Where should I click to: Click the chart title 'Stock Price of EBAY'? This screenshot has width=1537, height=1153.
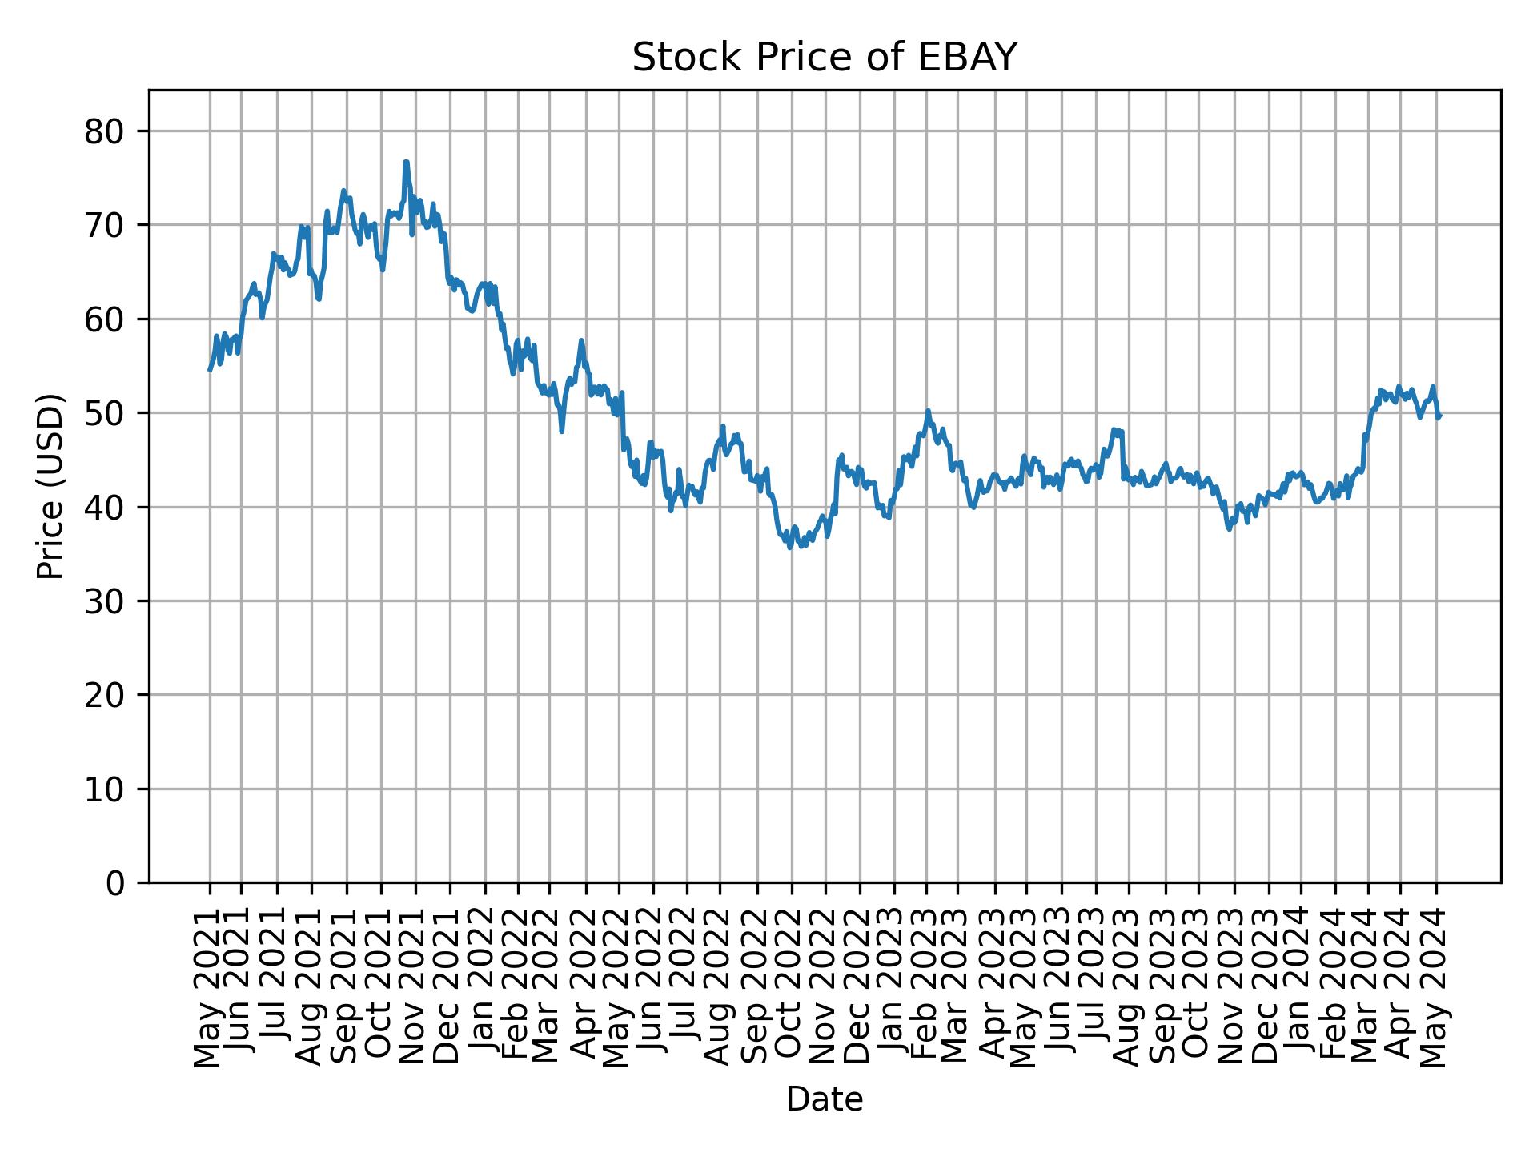click(x=824, y=58)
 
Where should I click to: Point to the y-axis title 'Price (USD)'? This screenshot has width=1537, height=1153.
click(x=50, y=486)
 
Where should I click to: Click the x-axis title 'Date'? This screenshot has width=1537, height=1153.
click(x=824, y=1099)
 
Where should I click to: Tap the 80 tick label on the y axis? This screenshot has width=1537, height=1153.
click(x=105, y=131)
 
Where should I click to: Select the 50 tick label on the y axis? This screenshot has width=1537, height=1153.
click(x=105, y=413)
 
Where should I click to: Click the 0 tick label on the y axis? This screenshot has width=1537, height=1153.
click(x=116, y=882)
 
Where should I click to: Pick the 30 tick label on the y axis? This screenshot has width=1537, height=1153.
click(x=105, y=601)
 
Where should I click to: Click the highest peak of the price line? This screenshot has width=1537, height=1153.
click(x=406, y=163)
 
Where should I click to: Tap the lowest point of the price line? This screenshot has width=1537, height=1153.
click(x=790, y=548)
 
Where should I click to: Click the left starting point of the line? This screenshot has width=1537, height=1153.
click(x=210, y=370)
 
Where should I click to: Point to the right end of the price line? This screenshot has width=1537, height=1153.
click(x=1439, y=416)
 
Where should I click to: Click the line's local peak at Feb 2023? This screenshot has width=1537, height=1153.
click(x=928, y=411)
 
